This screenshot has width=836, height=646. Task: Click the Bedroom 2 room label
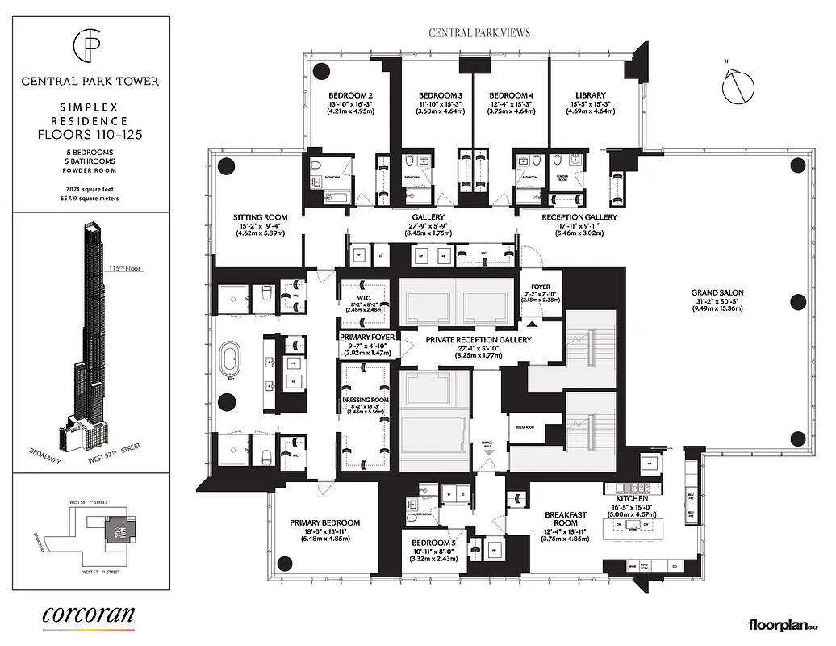pos(349,94)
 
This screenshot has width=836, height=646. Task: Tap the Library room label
pos(585,94)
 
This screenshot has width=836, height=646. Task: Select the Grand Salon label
pos(717,292)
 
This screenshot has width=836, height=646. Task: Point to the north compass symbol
pos(737,86)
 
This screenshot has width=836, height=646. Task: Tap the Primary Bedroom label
pos(324,522)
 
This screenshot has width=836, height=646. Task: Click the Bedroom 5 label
pos(433,543)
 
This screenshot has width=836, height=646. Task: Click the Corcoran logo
pos(89,615)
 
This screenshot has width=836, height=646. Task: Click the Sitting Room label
pos(260,217)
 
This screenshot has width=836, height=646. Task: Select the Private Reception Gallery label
pos(479,340)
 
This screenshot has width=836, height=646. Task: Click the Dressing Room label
pos(364,400)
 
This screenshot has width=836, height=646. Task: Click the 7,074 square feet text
pos(90,187)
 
